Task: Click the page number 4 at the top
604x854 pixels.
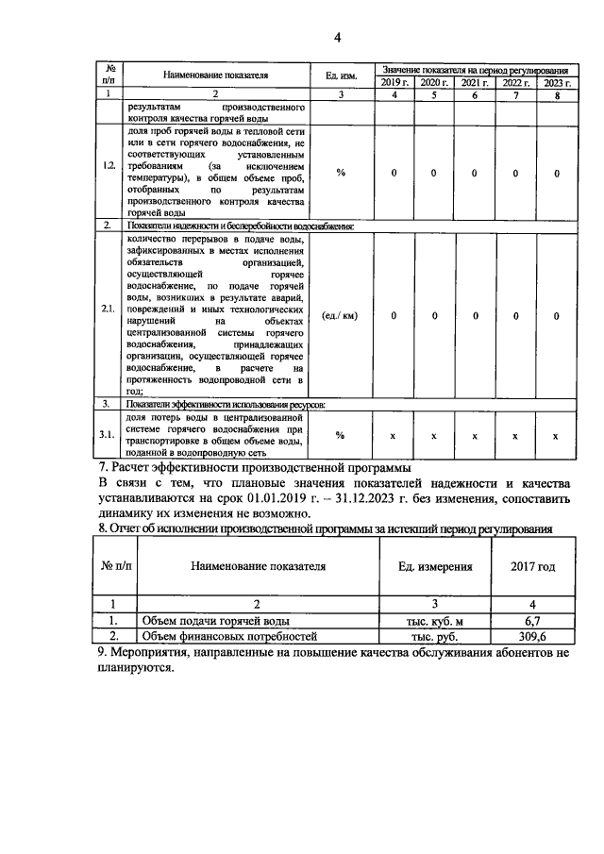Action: click(337, 37)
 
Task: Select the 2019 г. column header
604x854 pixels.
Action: click(393, 84)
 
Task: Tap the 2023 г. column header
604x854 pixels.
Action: click(556, 84)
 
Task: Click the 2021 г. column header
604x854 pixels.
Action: click(475, 84)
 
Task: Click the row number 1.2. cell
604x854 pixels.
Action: click(109, 173)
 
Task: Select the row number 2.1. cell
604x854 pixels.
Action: click(109, 315)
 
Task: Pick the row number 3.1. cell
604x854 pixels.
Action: click(109, 436)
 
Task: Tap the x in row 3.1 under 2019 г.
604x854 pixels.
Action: click(393, 436)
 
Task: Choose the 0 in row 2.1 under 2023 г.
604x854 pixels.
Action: click(556, 315)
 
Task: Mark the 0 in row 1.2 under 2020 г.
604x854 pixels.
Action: click(434, 173)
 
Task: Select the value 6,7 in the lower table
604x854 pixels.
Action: click(531, 621)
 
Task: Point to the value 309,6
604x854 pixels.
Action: click(531, 637)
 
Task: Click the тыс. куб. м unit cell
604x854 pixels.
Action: click(434, 621)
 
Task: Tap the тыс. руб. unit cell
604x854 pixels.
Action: click(434, 637)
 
